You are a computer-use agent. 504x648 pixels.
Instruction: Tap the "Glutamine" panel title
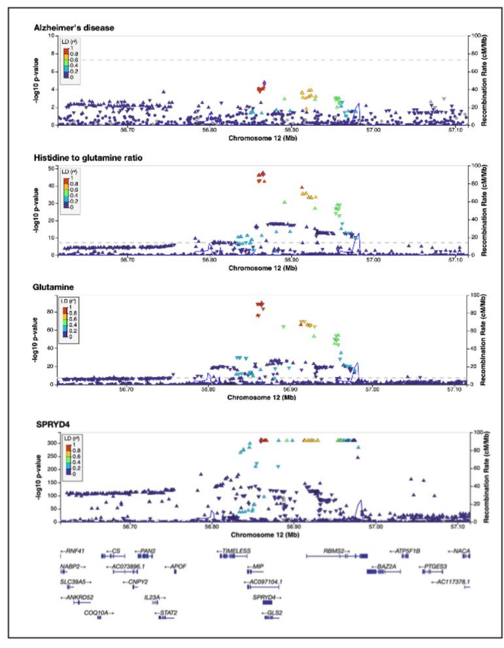(53, 287)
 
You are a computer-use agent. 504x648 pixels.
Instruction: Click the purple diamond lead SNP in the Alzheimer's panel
(264, 83)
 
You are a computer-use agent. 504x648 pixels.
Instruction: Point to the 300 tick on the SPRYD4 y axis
(53, 443)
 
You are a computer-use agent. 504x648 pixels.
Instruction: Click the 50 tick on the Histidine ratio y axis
(53, 169)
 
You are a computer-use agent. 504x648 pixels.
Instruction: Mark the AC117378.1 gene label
(450, 581)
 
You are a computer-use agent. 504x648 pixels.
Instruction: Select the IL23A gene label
(154, 597)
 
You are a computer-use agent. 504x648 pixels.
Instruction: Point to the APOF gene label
(176, 566)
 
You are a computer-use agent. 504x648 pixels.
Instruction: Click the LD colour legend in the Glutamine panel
(69, 317)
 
